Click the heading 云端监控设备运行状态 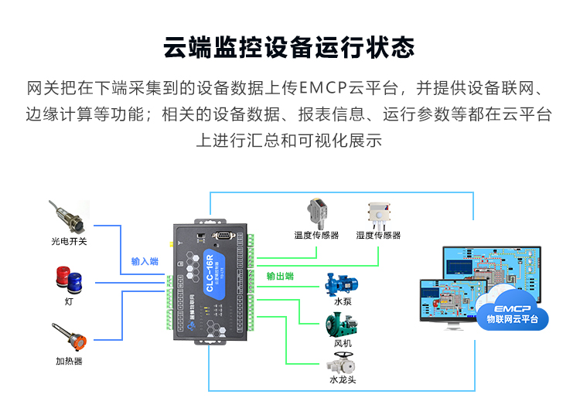tap(289, 47)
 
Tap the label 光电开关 tap(69, 241)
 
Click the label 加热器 tap(69, 361)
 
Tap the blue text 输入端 tap(145, 261)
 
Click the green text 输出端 tap(280, 276)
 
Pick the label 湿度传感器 tap(378, 235)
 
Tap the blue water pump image tap(341, 283)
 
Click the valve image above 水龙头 tap(341, 362)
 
